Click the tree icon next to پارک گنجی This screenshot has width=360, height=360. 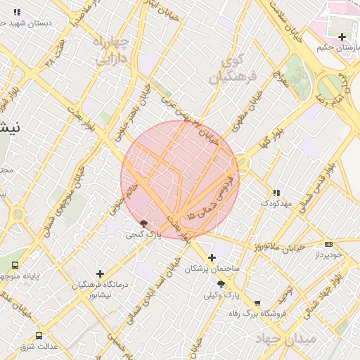click(144, 224)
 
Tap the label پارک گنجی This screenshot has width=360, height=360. click(149, 235)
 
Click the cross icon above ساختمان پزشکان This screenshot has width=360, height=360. click(212, 258)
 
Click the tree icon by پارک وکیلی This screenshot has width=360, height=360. click(221, 284)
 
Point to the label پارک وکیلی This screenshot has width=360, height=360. click(221, 295)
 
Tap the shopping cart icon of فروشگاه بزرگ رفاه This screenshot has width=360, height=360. click(257, 304)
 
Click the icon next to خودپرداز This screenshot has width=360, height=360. click(328, 244)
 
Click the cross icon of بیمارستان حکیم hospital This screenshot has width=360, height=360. click(342, 37)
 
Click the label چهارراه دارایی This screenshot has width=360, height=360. click(112, 51)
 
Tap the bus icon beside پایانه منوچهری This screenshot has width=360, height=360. click(15, 265)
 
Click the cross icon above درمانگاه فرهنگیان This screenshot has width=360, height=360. click(100, 274)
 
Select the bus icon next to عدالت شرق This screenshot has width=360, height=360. click(39, 335)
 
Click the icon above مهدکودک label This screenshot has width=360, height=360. click(276, 192)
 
